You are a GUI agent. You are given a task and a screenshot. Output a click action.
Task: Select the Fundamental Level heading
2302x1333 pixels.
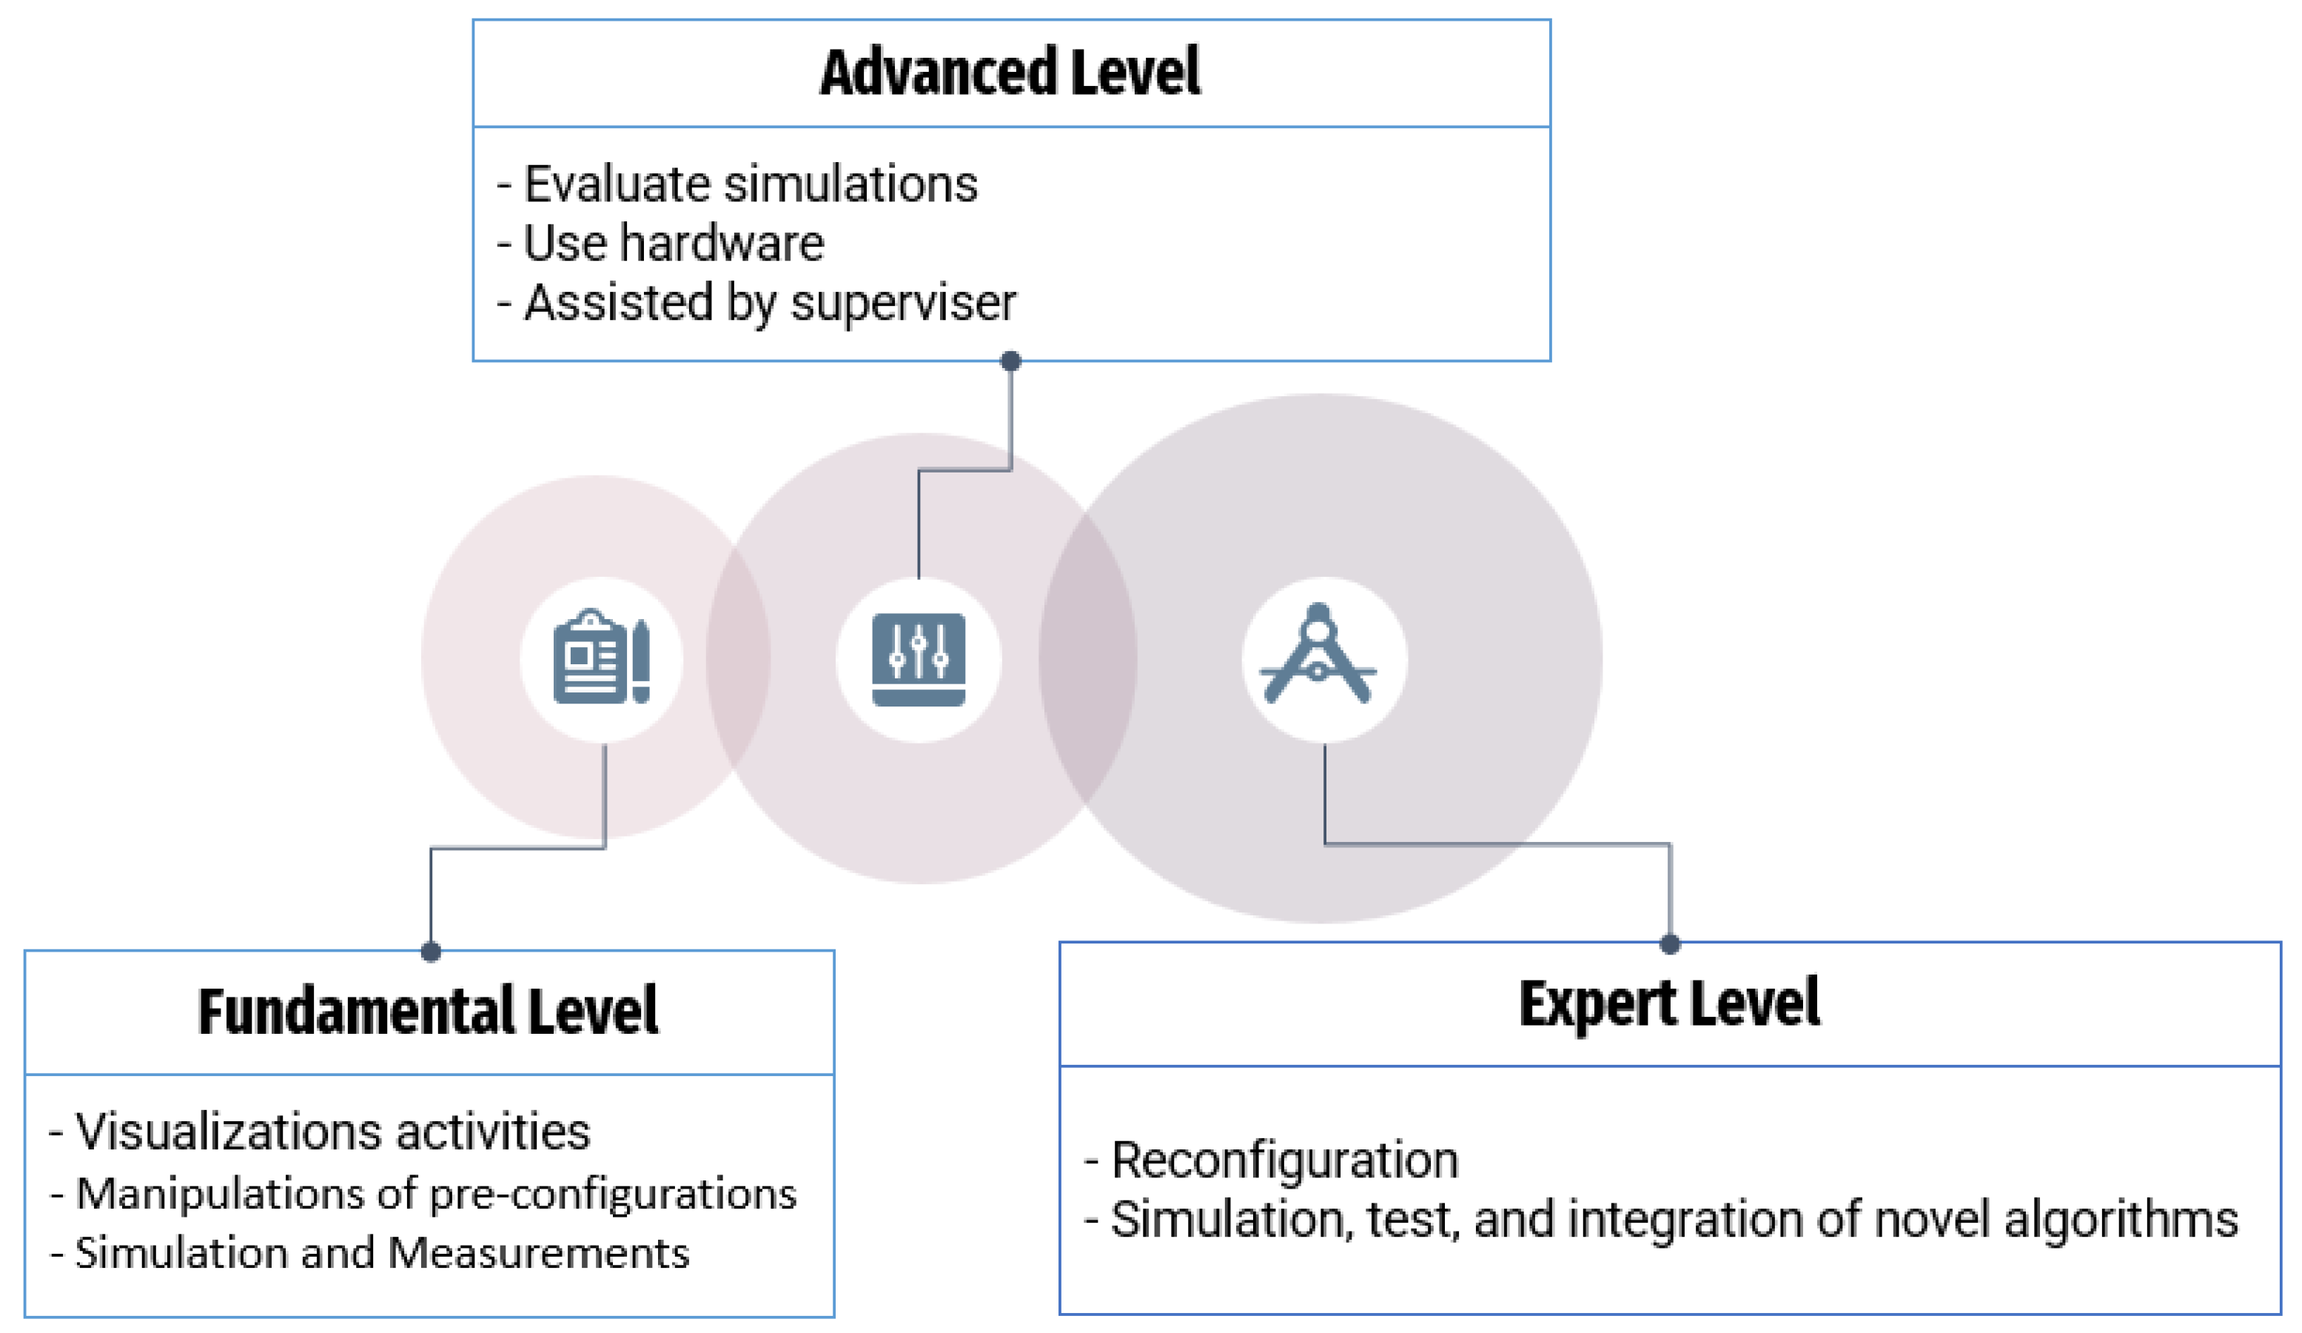428,1012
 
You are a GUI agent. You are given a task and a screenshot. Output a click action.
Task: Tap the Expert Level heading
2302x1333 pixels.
1669,1004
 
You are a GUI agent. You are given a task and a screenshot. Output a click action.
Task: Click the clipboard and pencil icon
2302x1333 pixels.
601,657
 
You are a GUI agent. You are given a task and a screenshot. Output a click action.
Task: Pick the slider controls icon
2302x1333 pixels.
918,659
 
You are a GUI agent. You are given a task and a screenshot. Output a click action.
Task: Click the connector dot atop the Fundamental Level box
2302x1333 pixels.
432,952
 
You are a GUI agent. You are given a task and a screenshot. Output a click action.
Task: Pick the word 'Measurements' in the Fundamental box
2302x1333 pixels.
538,1252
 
